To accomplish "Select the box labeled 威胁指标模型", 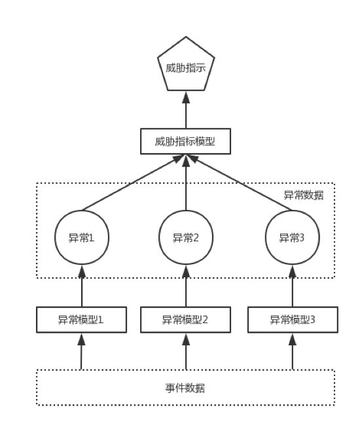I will pos(186,141).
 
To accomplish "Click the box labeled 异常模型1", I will pos(81,320).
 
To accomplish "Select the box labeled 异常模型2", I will pos(186,320).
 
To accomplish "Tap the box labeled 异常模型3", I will pos(292,320).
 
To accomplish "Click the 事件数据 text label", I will pos(186,388).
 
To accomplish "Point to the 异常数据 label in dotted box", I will pos(304,196).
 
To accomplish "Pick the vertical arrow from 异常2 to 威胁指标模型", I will pos(186,186).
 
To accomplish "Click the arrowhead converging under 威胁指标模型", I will pos(186,159).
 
